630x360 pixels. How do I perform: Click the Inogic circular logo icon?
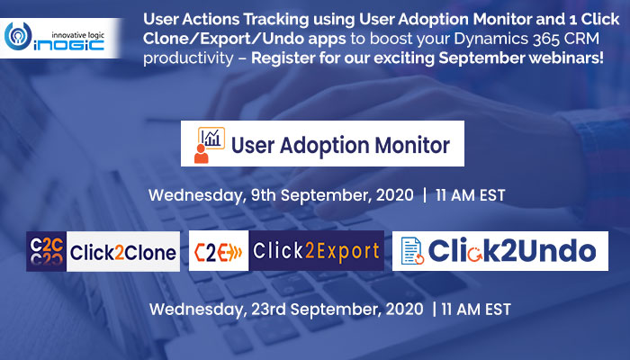18,37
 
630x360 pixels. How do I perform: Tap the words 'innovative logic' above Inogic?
78,35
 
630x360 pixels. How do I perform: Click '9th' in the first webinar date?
263,195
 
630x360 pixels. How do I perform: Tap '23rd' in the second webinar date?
268,310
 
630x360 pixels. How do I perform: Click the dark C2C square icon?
46,251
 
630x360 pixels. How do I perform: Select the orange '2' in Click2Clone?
119,253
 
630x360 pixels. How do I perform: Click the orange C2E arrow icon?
219,252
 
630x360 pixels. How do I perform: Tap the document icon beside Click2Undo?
412,251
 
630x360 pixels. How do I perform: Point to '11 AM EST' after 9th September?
470,195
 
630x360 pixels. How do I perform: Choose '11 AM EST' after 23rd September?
476,310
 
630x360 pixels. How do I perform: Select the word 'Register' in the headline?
283,58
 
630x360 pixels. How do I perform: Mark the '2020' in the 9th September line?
394,195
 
